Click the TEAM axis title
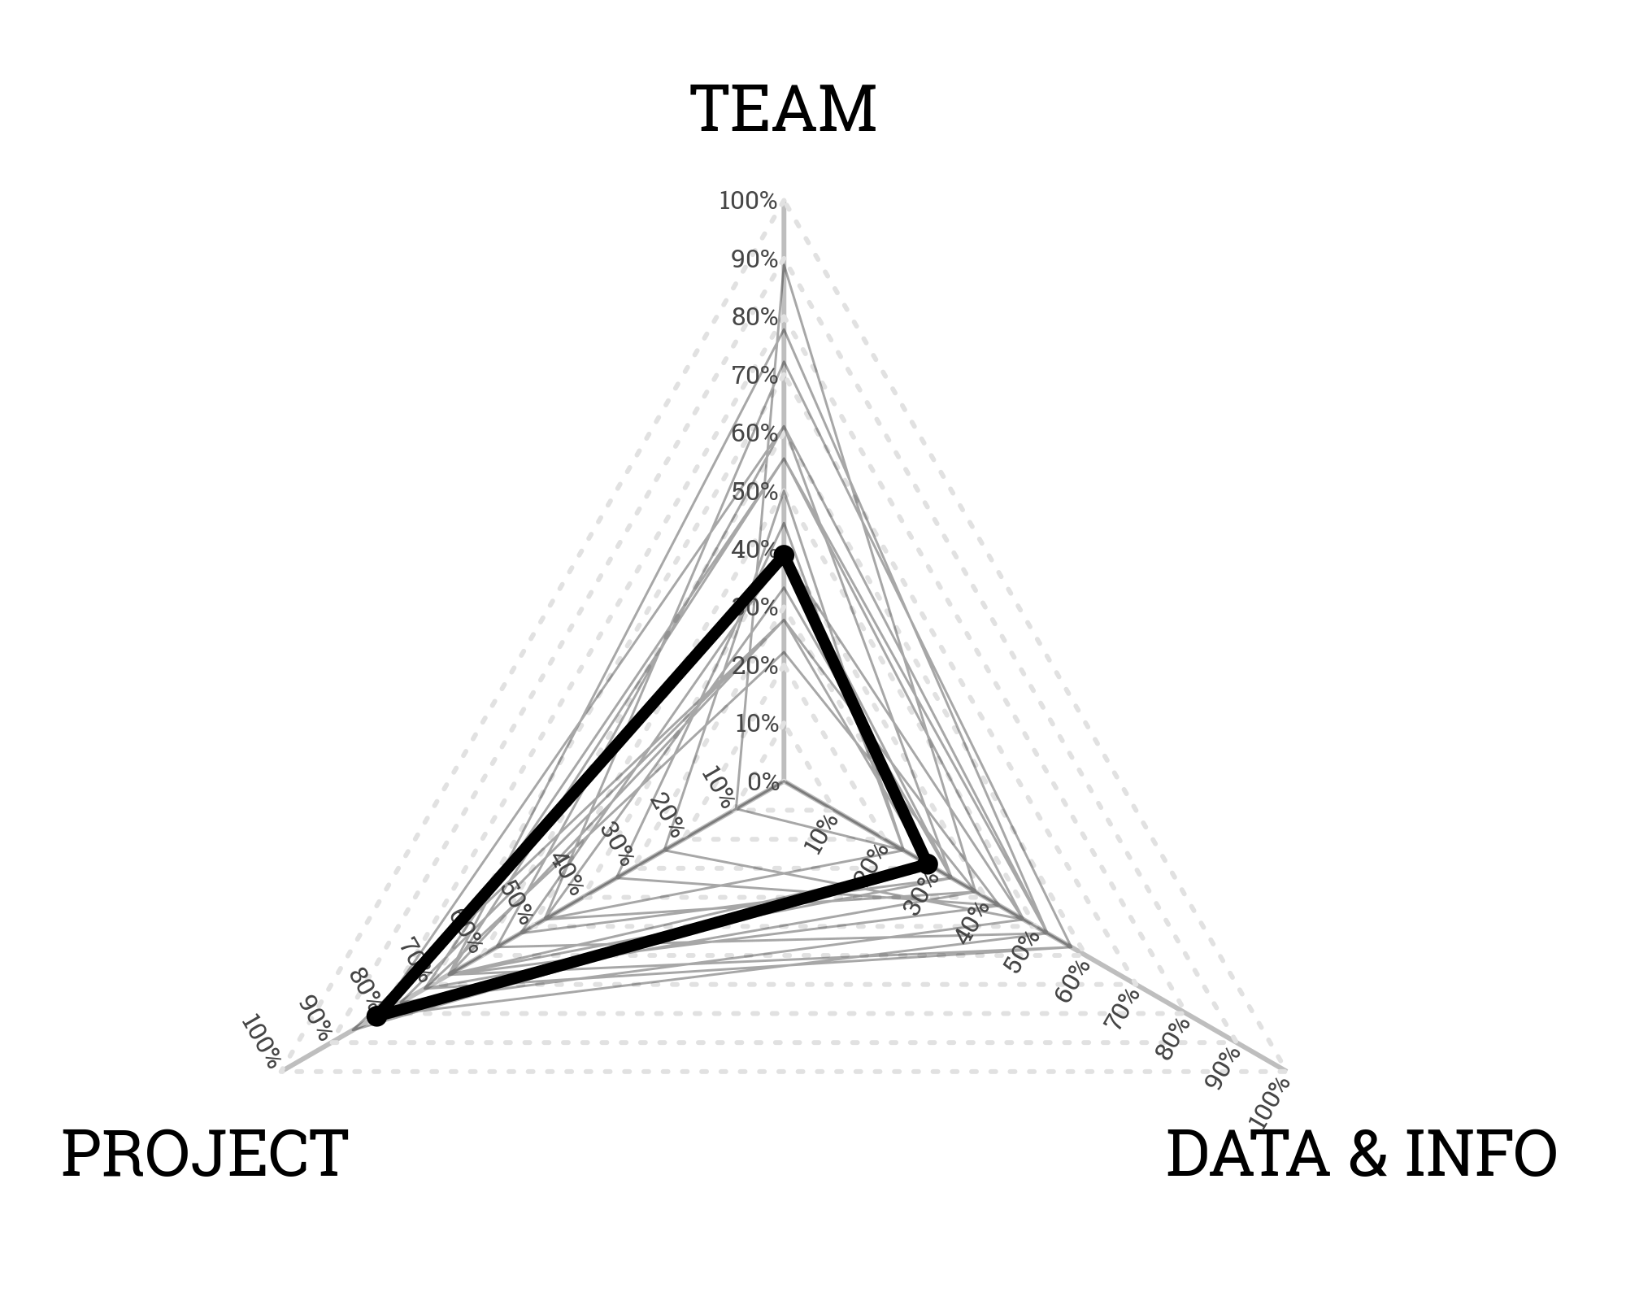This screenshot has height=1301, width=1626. pos(783,110)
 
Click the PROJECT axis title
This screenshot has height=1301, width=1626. pos(205,1154)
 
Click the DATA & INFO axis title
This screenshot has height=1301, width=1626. pos(1361,1154)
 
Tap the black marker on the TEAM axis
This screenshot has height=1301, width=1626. pos(784,556)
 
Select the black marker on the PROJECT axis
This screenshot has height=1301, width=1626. pos(376,1016)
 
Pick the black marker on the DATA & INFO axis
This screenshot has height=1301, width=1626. pos(928,864)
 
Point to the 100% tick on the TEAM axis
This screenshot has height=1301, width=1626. pos(748,201)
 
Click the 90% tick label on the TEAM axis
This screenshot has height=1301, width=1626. pos(754,260)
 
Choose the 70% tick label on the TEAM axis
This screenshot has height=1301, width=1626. pos(754,376)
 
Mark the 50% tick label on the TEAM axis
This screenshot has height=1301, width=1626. pos(754,493)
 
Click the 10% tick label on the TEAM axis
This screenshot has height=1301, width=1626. pos(756,724)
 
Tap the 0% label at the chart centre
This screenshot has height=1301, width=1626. pos(763,782)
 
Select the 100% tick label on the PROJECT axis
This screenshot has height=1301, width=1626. pos(261,1042)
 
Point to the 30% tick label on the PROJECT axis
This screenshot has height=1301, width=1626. pos(618,843)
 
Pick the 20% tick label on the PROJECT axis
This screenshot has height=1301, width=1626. pos(667,816)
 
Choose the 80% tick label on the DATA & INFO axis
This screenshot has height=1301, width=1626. pos(1172,1039)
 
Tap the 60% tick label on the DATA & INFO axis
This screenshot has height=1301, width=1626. pos(1072,981)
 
